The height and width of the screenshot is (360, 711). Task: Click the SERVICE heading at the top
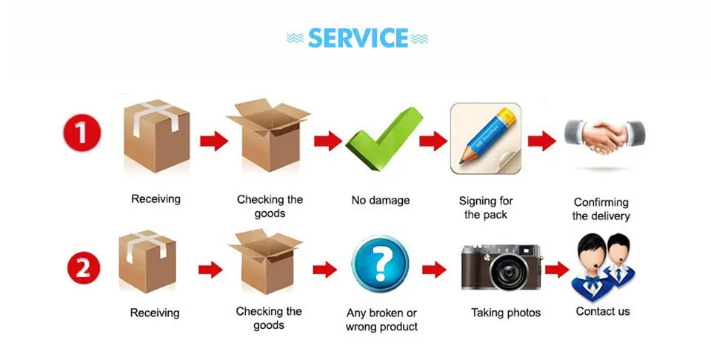tap(358, 38)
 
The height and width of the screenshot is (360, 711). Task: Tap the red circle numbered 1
tap(81, 133)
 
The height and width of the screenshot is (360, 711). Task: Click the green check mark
tap(384, 139)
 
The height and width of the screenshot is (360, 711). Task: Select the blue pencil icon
tap(486, 139)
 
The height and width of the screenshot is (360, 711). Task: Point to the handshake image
tap(604, 136)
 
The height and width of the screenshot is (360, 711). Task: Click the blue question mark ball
tap(381, 264)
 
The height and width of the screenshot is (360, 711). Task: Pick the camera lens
tap(505, 272)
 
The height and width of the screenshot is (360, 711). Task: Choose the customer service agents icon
tap(603, 267)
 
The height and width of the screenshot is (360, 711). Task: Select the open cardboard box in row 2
tap(266, 261)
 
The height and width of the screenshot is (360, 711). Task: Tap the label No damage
tap(381, 201)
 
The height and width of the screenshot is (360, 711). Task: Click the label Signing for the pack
tap(486, 207)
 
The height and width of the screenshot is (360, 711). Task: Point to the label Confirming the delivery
tap(601, 209)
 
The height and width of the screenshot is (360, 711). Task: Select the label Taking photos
tap(506, 313)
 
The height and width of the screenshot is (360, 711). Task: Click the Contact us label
tap(603, 312)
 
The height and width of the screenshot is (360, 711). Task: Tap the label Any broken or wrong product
tap(381, 320)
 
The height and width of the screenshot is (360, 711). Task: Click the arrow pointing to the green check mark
tap(328, 141)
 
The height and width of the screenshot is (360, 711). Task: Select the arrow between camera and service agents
tap(557, 270)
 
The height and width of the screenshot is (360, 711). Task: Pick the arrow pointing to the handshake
tap(542, 141)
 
